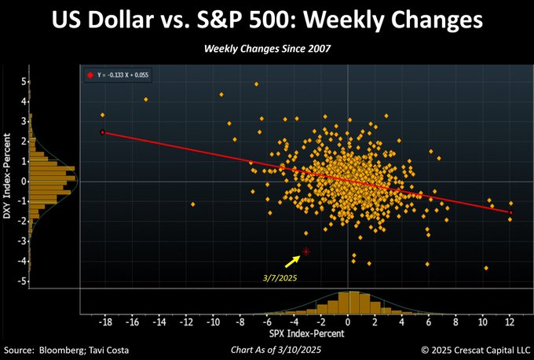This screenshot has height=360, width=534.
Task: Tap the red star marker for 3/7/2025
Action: click(306, 252)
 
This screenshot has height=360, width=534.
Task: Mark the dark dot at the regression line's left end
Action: click(103, 132)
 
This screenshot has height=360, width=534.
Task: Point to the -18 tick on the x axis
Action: click(103, 323)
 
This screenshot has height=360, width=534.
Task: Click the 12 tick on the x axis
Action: click(510, 323)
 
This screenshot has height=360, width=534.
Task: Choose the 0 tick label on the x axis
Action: click(348, 323)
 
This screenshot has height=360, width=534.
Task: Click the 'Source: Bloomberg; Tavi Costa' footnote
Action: click(67, 348)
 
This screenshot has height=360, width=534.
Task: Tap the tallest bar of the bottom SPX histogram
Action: click(353, 302)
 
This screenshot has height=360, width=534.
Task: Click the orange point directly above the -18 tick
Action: click(103, 115)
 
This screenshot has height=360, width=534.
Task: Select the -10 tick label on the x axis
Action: click(211, 323)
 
